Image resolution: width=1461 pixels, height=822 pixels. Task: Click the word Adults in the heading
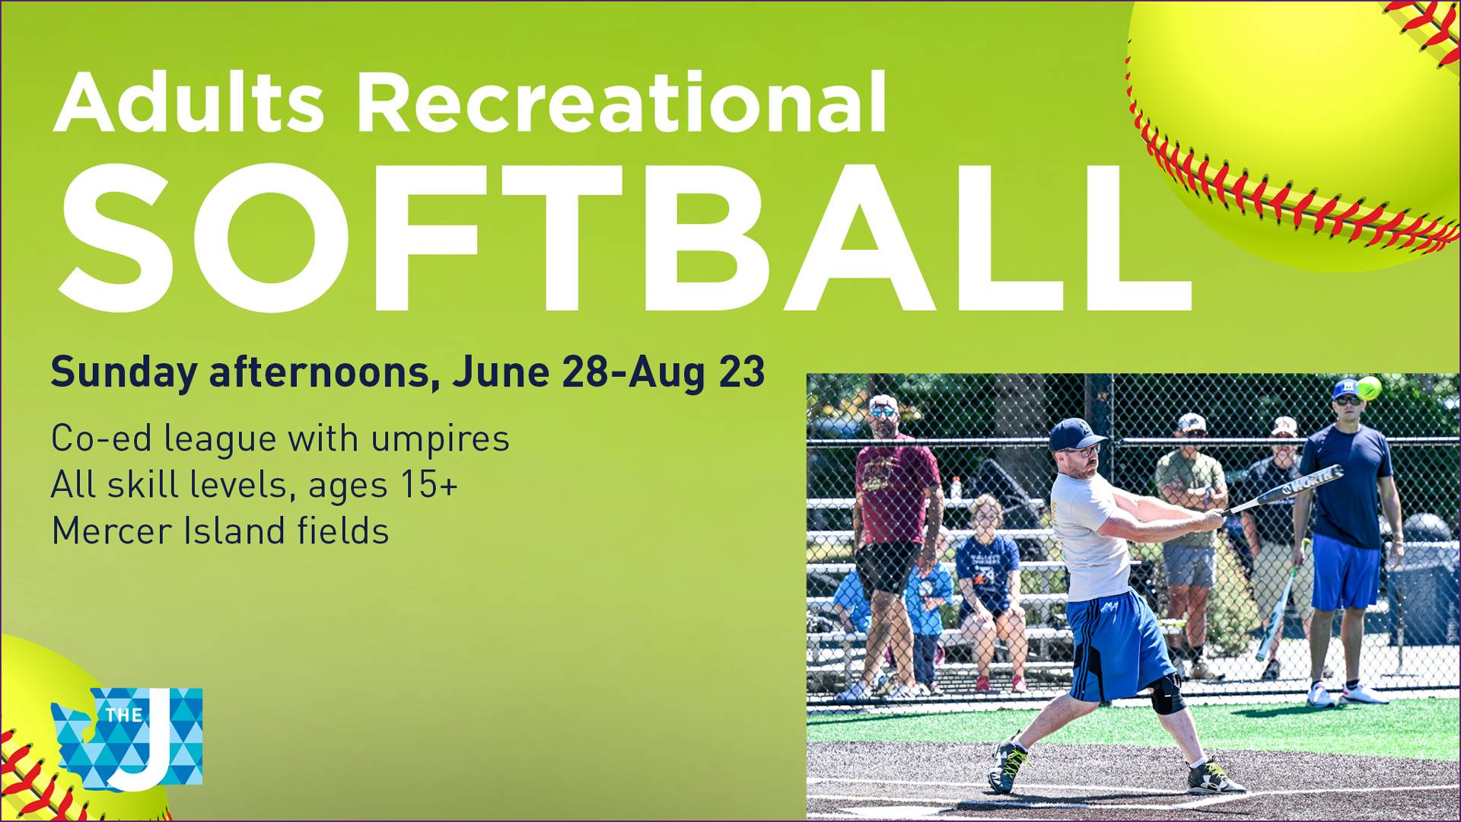click(189, 102)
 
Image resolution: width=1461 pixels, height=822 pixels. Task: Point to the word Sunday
click(124, 373)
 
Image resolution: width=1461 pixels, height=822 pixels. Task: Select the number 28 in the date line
click(584, 372)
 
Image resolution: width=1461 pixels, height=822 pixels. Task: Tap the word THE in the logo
click(124, 715)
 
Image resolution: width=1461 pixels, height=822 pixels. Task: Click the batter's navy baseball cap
click(1074, 435)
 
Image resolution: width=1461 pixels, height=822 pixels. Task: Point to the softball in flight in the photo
click(1368, 388)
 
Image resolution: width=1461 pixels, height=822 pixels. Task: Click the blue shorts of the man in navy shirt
click(1345, 572)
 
